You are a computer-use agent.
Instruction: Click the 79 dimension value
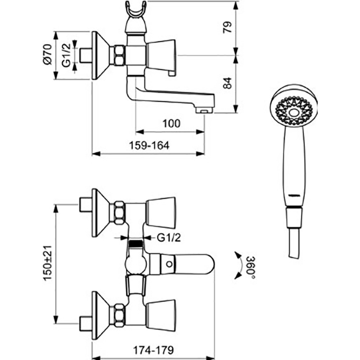point(228,27)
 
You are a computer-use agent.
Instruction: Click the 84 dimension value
point(228,83)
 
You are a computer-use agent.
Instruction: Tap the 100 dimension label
point(171,123)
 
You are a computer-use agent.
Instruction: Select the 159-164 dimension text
point(149,145)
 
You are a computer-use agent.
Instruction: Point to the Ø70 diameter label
point(48,54)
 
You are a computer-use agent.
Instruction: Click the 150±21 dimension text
point(48,263)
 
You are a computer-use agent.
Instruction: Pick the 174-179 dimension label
point(153,350)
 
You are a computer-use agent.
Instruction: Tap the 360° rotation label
point(251,267)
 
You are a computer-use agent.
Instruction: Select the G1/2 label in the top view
point(66,55)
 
